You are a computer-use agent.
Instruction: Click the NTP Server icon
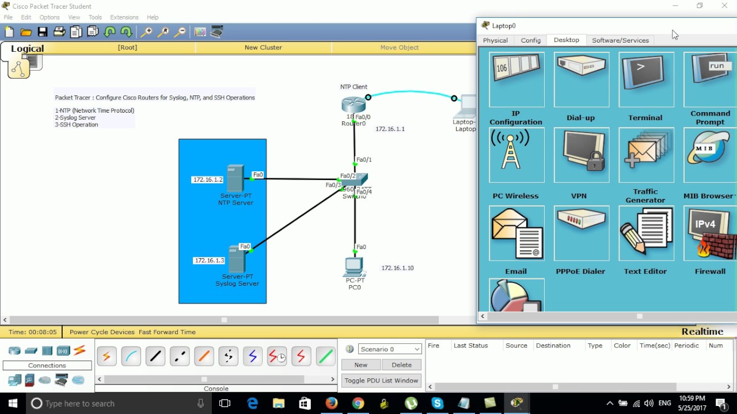235,178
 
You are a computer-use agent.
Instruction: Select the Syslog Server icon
237,259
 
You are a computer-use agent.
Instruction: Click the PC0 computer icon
354,267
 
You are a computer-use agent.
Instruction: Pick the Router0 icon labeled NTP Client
353,105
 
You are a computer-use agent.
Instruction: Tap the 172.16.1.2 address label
207,180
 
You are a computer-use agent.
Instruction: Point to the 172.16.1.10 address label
397,268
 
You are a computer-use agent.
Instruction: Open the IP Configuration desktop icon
516,80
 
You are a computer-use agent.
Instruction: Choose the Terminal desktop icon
645,80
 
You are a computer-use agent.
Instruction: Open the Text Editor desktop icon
645,233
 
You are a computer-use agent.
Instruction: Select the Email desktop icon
516,233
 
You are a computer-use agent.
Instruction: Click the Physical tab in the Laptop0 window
495,40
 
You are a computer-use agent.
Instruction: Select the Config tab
530,40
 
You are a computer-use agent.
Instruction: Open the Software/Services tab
620,40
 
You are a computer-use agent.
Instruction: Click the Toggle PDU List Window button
381,381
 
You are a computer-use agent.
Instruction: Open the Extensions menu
124,17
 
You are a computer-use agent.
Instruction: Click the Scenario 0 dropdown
390,349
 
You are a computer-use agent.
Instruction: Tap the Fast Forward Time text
167,332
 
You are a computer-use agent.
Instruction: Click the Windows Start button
13,403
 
